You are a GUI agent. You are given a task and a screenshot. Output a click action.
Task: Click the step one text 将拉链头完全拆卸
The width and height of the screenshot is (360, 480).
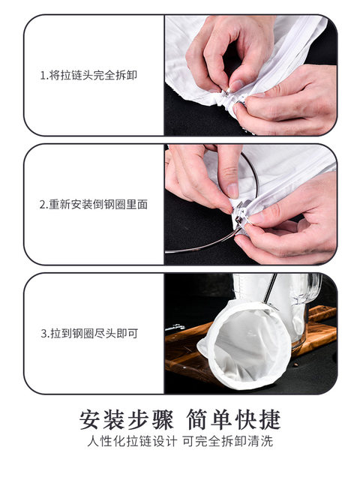click(x=93, y=75)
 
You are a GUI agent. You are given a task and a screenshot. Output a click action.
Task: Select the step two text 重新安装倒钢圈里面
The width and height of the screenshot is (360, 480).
click(x=98, y=204)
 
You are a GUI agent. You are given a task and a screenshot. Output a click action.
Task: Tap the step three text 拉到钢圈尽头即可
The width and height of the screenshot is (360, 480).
click(x=94, y=333)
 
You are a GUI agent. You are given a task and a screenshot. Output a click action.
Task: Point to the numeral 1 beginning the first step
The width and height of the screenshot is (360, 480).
click(x=43, y=75)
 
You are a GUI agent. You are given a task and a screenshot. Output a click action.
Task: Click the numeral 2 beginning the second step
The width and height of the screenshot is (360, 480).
click(x=43, y=205)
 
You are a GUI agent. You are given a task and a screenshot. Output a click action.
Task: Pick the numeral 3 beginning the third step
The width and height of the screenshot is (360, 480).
click(x=43, y=334)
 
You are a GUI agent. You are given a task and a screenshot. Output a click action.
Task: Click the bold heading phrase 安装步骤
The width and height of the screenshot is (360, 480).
click(x=126, y=419)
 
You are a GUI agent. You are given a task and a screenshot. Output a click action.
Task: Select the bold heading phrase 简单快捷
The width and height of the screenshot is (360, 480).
click(x=233, y=419)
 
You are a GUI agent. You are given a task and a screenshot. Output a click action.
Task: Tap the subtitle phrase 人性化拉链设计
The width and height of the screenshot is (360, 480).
click(x=132, y=441)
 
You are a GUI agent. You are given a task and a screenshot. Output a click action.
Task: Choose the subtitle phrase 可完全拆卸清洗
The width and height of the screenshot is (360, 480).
click(x=228, y=441)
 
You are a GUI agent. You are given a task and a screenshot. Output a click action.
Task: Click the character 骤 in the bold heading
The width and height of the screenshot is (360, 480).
click(x=162, y=419)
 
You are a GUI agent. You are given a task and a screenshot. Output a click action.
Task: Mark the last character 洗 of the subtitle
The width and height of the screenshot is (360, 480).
click(x=267, y=441)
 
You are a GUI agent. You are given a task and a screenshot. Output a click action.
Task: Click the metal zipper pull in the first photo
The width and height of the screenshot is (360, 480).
click(x=227, y=91)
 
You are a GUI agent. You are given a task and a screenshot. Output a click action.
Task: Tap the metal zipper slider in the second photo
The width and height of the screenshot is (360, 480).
click(x=238, y=214)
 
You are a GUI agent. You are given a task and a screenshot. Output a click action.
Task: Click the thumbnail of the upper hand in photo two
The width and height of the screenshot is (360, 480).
click(x=232, y=190)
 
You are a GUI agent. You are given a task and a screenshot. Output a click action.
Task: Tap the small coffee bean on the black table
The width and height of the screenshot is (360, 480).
click(x=296, y=365)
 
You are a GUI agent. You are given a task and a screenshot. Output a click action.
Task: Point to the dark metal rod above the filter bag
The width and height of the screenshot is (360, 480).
click(x=271, y=288)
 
